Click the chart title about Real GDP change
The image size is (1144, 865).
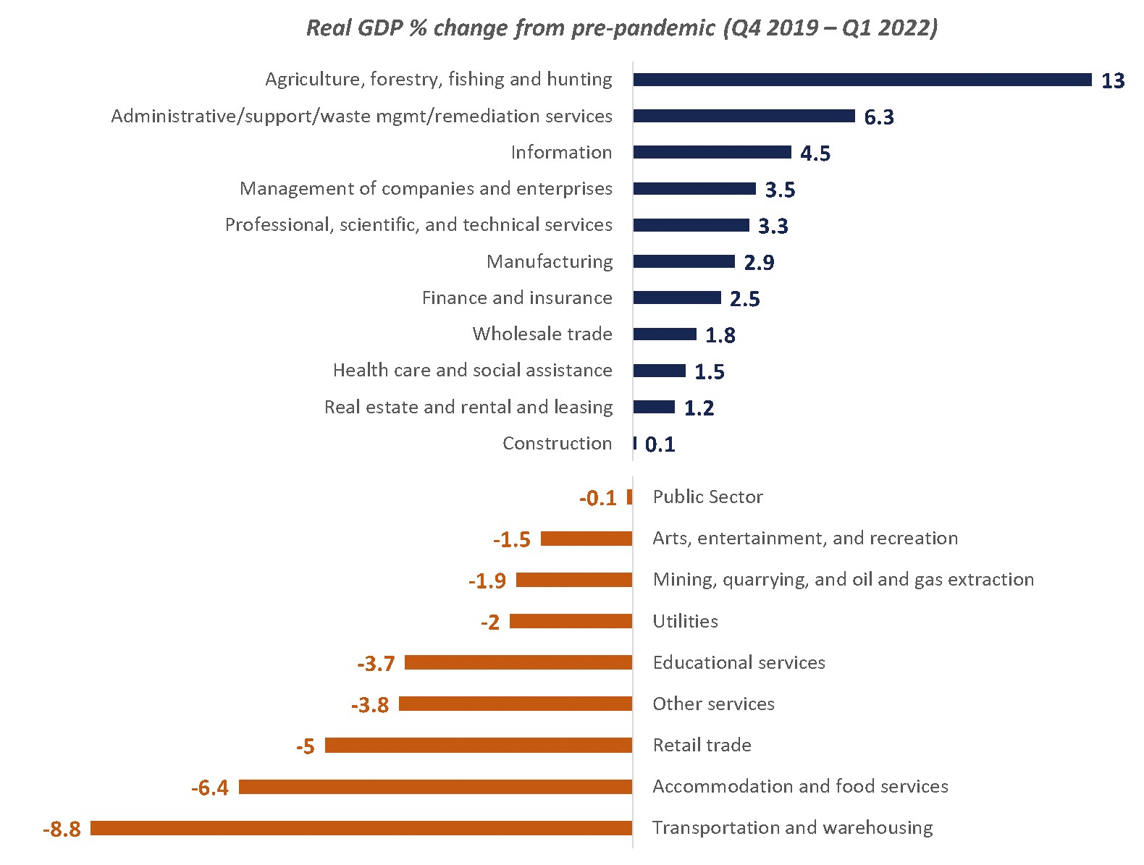622,28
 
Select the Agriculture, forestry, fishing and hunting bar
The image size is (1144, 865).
862,80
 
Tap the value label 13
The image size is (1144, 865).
1112,80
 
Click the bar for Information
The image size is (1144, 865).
712,152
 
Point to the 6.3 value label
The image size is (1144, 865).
878,117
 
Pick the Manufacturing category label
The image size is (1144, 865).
549,261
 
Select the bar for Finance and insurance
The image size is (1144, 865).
677,298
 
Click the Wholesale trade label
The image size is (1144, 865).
542,334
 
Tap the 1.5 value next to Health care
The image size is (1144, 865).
709,371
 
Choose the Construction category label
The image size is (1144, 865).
557,443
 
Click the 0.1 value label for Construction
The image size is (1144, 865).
660,444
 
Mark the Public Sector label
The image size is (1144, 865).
707,497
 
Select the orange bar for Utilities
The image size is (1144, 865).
571,621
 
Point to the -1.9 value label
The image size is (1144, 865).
487,581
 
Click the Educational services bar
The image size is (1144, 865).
518,662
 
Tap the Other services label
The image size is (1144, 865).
713,704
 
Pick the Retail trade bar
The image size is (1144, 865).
479,745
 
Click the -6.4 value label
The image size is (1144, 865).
210,788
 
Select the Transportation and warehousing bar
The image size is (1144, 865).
361,828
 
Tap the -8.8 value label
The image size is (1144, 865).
62,829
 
